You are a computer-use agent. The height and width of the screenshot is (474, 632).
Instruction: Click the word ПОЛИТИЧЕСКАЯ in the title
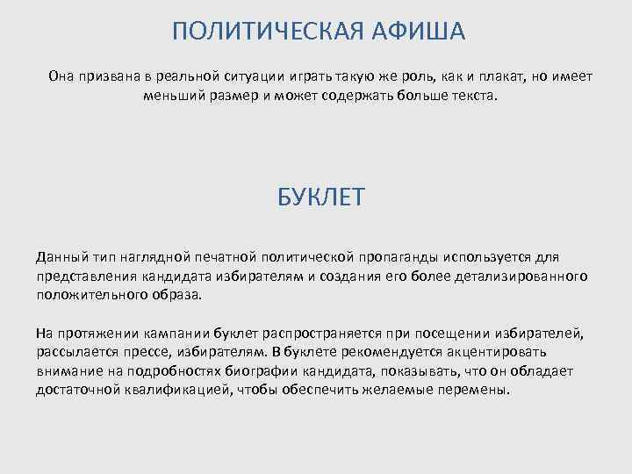click(255, 32)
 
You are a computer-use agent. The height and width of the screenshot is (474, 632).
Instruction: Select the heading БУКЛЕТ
click(320, 197)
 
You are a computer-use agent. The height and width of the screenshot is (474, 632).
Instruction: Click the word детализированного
click(521, 276)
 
